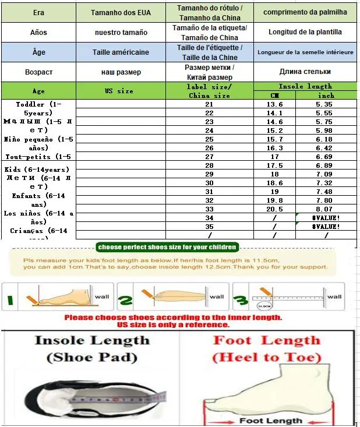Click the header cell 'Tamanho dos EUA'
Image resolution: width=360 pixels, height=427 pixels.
(x=121, y=12)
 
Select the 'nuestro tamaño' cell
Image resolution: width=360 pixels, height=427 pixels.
(x=121, y=32)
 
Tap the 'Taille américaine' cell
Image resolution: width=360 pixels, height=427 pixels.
(x=121, y=52)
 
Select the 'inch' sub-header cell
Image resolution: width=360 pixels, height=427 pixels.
(x=326, y=96)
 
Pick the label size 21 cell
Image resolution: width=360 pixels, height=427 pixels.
(x=210, y=104)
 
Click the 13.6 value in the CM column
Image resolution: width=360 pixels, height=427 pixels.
(x=274, y=104)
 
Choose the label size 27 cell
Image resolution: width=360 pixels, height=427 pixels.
(x=210, y=157)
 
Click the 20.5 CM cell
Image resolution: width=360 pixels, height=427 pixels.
(x=274, y=209)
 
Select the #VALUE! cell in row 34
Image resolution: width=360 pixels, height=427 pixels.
(x=326, y=218)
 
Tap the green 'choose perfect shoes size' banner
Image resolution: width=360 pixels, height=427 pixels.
(x=167, y=247)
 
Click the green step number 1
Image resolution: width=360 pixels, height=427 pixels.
(x=9, y=300)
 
